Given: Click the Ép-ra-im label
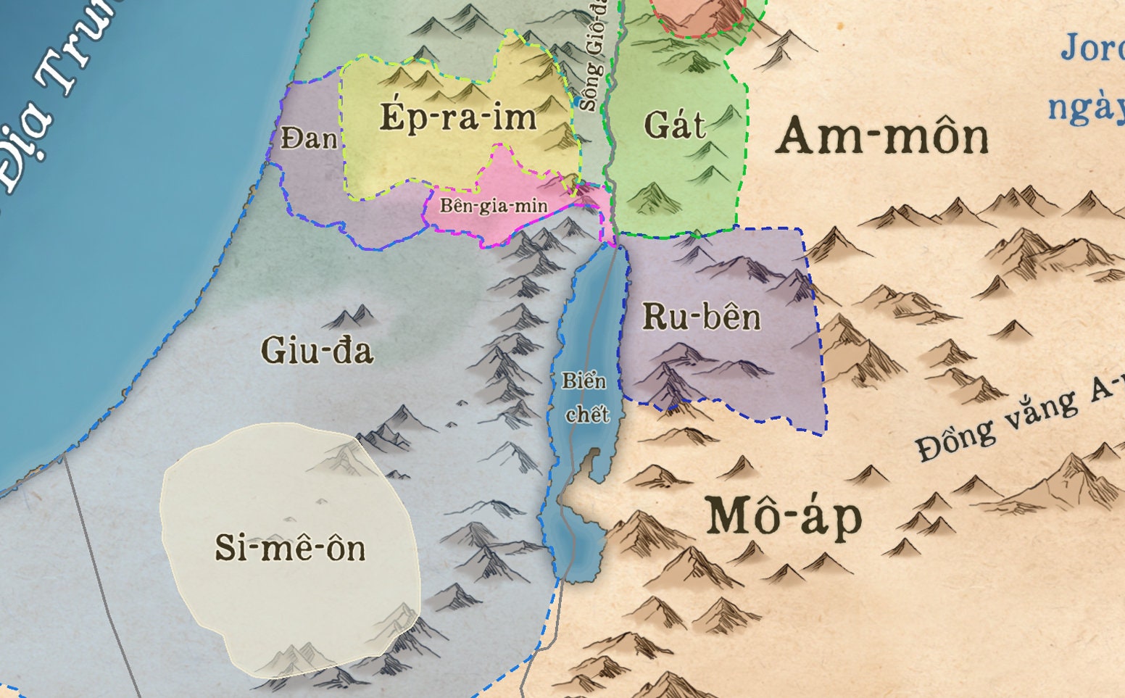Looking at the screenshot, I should (x=458, y=117).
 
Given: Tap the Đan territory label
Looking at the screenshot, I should (x=309, y=137).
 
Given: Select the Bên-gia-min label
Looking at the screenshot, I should (x=494, y=206).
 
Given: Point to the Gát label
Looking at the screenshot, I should (x=674, y=126).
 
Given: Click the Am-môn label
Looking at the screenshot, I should (x=882, y=136).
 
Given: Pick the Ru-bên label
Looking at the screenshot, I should (x=702, y=317).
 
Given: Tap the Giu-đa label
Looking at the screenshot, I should (x=317, y=351).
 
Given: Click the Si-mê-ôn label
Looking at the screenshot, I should (x=290, y=547).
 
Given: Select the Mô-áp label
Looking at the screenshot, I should (x=784, y=516).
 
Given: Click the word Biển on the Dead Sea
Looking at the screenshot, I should (x=584, y=381).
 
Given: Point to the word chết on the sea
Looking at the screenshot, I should (x=587, y=415).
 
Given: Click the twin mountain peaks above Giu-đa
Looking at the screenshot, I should (x=350, y=317).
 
